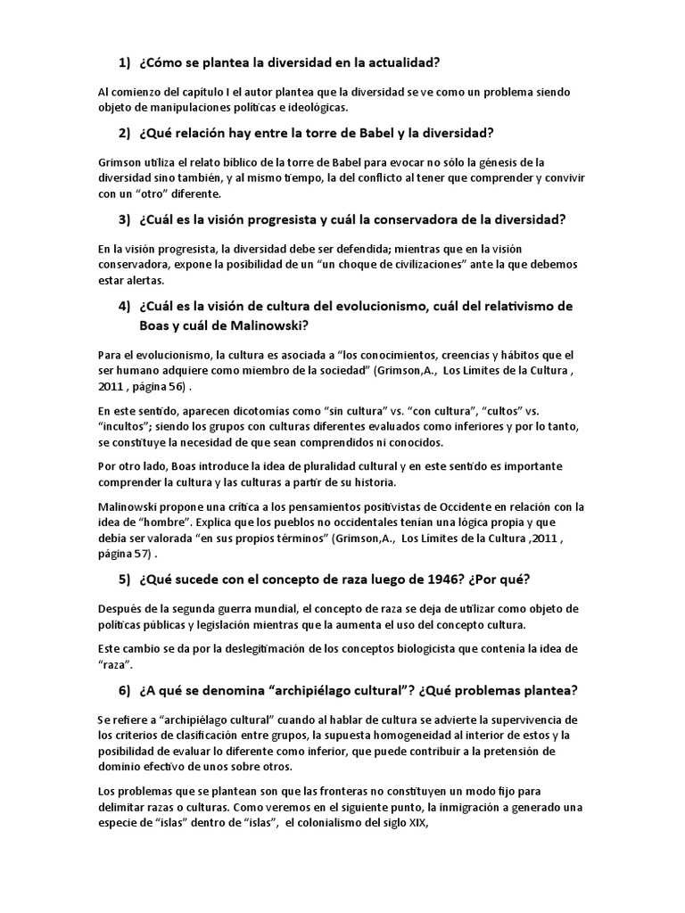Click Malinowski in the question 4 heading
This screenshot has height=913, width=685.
265,325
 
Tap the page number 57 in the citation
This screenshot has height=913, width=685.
137,552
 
